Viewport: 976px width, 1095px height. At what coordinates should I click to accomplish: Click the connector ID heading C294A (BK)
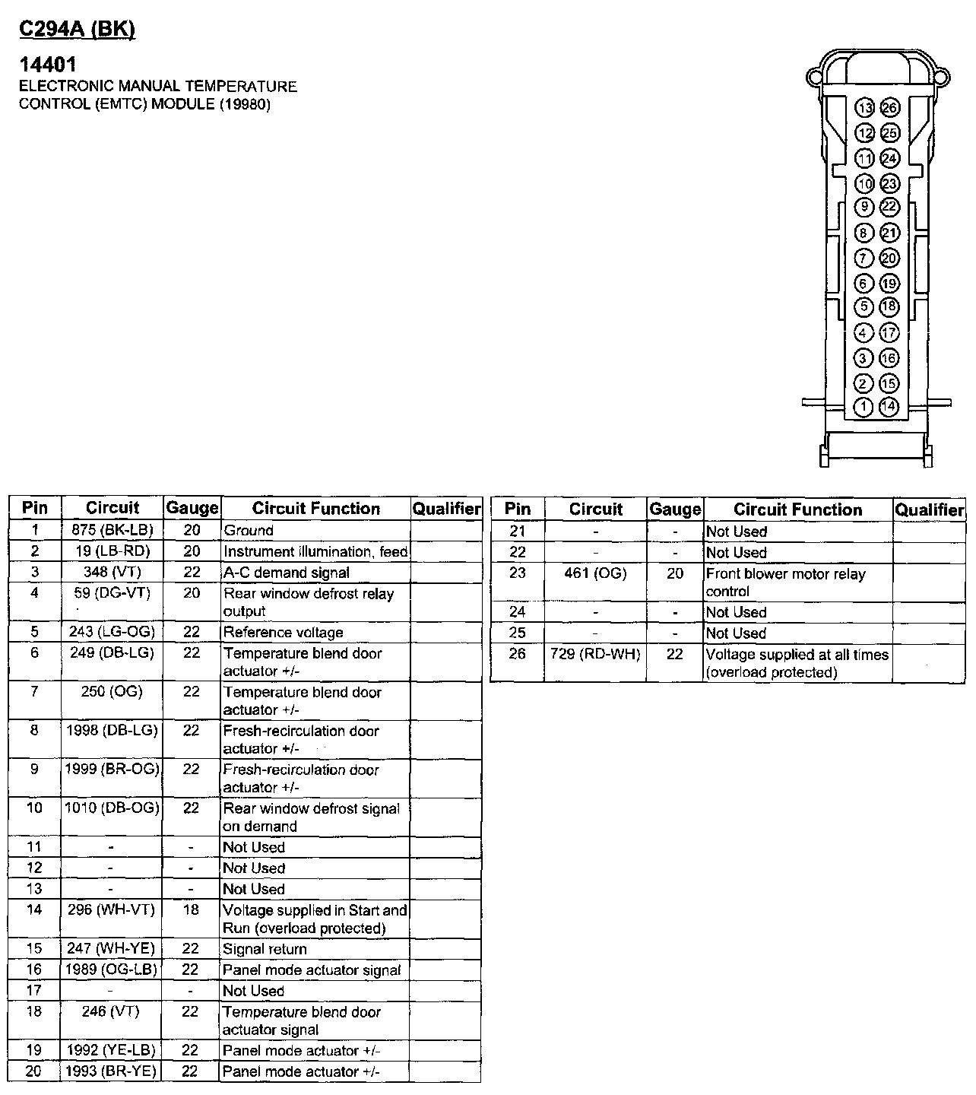tap(76, 29)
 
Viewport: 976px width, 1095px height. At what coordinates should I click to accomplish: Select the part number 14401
tap(47, 65)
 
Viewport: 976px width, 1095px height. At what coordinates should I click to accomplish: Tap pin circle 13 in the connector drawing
tap(864, 108)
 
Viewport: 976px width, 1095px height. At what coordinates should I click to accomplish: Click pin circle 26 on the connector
tap(889, 108)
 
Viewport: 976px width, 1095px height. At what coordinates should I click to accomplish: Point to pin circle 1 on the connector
tap(864, 407)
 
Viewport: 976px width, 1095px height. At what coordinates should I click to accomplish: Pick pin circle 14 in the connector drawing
tap(889, 407)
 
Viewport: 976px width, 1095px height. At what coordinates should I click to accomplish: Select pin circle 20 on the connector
tap(889, 259)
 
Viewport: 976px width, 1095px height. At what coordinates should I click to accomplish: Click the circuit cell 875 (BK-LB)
tap(112, 530)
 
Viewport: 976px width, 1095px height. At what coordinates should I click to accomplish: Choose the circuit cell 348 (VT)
tap(112, 572)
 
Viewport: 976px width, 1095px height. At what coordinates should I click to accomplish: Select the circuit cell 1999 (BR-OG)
tap(112, 769)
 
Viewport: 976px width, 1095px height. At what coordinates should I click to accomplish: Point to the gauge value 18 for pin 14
tap(191, 909)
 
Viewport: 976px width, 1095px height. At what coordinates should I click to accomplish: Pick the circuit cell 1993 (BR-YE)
tap(112, 1071)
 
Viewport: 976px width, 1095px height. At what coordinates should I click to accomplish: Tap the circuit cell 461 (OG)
tap(595, 573)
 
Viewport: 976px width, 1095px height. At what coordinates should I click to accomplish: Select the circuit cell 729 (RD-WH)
tap(595, 654)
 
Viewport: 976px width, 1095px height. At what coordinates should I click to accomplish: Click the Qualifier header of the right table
tap(929, 509)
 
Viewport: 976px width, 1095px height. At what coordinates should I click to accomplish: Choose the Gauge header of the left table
tap(192, 508)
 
